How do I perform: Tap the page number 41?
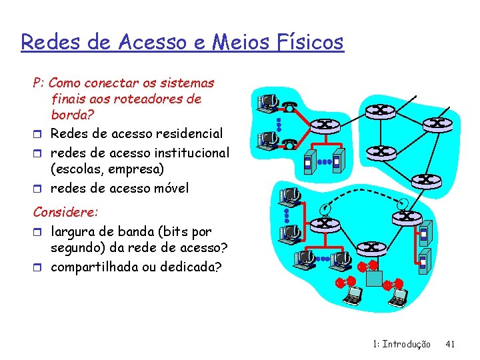pos(450,344)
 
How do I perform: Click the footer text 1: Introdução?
pos(402,344)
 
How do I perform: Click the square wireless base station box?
pos(374,279)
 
